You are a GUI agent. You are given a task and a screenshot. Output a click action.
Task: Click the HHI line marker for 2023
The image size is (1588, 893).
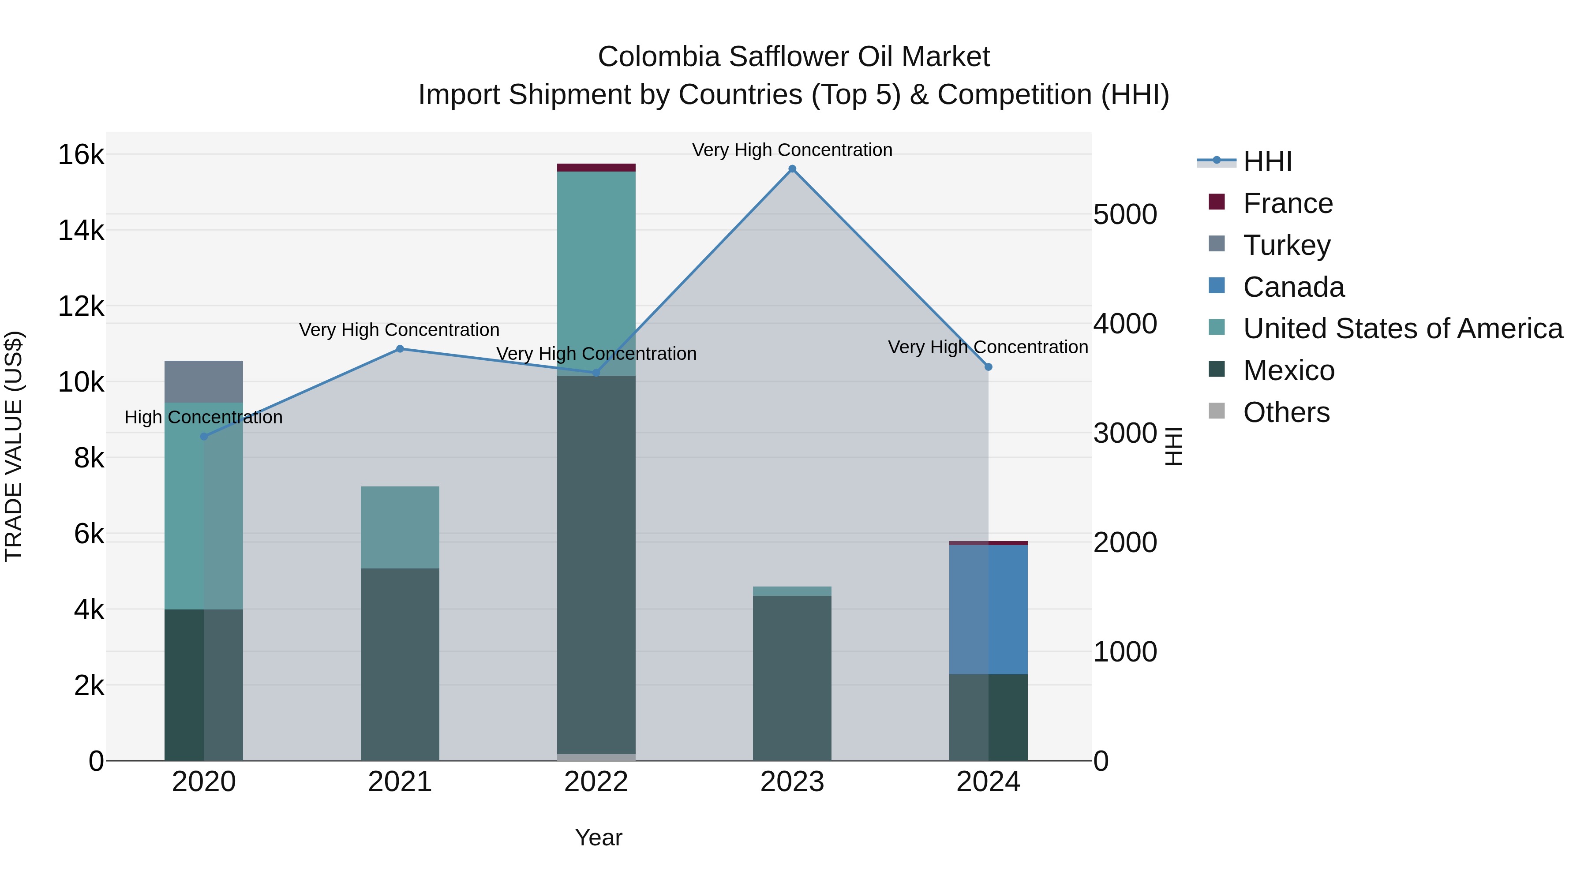(x=792, y=169)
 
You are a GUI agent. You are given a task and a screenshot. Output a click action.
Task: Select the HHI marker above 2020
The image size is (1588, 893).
(x=204, y=436)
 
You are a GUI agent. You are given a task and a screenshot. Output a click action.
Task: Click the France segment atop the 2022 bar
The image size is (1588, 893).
(x=596, y=168)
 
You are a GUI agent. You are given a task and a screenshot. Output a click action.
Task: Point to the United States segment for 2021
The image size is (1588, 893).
(x=400, y=527)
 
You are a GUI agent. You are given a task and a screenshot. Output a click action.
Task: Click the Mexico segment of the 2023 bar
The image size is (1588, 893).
(x=792, y=678)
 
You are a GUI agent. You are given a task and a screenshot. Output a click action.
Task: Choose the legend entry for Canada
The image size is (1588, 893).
(x=1293, y=287)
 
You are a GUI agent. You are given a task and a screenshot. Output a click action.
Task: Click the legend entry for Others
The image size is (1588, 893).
(x=1286, y=412)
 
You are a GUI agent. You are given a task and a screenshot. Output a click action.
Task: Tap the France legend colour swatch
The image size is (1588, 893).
(x=1216, y=202)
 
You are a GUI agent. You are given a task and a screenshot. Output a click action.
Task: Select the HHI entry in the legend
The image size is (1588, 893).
(x=1267, y=161)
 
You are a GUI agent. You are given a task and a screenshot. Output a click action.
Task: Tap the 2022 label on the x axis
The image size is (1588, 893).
(x=596, y=782)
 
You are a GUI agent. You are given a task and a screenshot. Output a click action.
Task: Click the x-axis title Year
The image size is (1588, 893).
(x=599, y=837)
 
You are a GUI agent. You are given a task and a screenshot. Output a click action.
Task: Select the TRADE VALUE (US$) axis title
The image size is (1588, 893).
(x=14, y=446)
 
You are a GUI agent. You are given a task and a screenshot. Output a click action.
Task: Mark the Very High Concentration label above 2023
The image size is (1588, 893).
(x=792, y=150)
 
